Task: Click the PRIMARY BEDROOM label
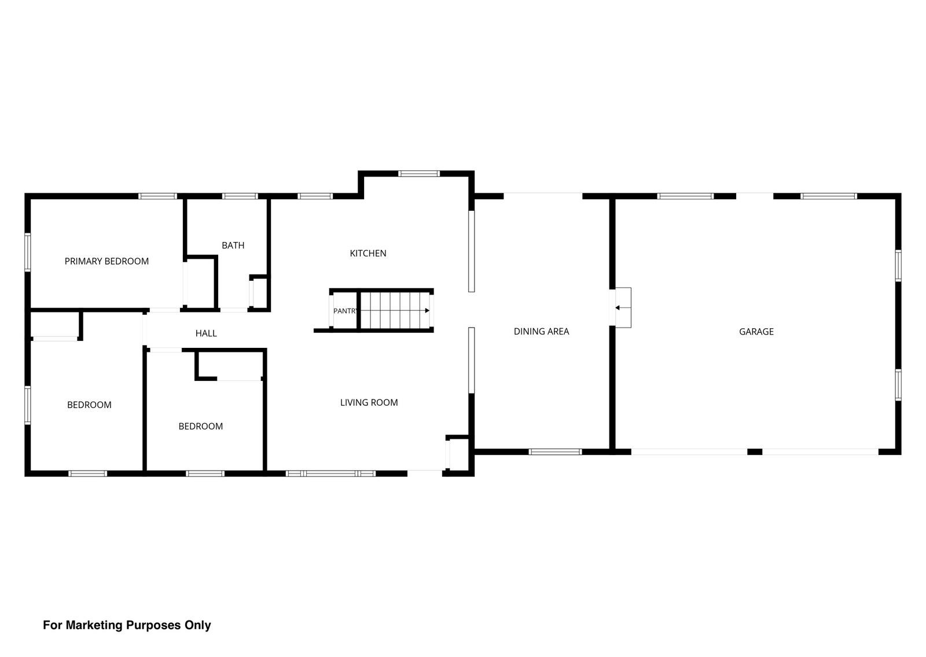(106, 261)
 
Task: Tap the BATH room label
(233, 245)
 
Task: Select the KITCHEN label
(368, 254)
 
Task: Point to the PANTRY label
(345, 311)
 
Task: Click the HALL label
(206, 333)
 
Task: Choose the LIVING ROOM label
(369, 403)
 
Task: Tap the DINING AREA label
(541, 332)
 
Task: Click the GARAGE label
(756, 332)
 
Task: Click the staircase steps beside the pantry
(395, 310)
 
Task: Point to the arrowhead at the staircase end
(428, 310)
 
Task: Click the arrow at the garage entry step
(623, 308)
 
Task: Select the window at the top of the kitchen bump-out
(419, 174)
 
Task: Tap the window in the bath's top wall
(240, 196)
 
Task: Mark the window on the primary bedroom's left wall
(28, 252)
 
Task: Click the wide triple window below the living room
(330, 474)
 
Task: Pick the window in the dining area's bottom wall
(555, 452)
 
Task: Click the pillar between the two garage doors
(755, 452)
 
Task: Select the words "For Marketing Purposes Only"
(127, 625)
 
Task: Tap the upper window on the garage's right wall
(898, 266)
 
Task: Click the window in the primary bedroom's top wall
(157, 196)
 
